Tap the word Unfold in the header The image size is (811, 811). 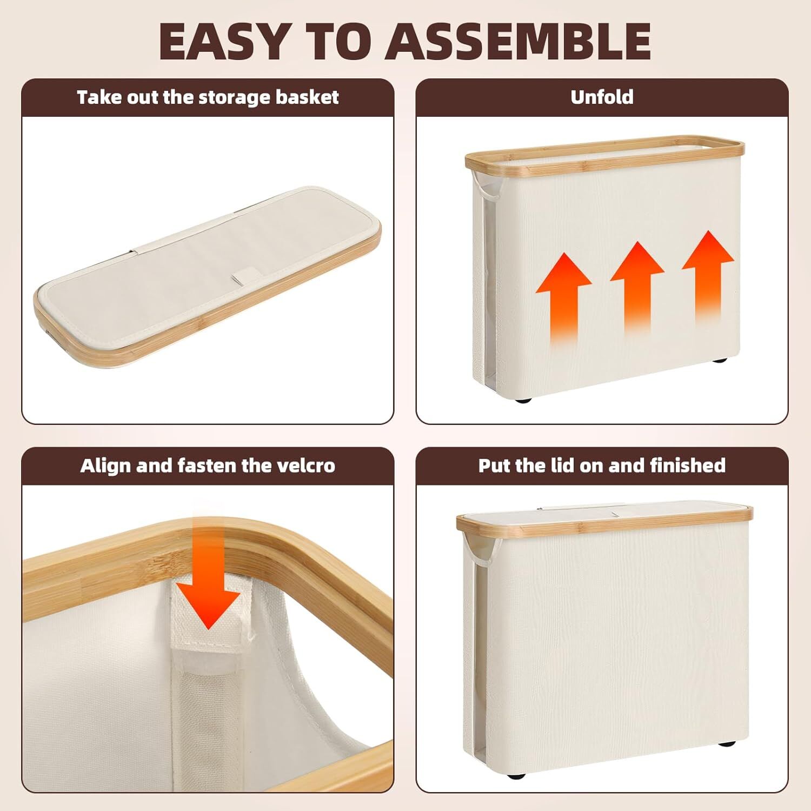(x=602, y=97)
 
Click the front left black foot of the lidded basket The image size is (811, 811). (x=516, y=790)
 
